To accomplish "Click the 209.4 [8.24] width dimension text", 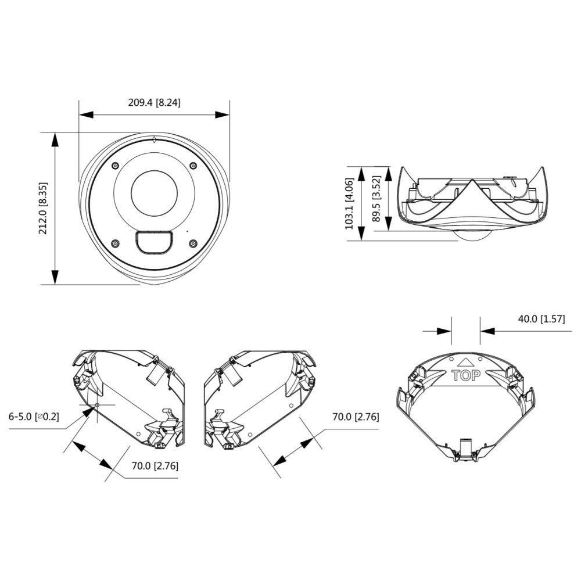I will click(155, 103).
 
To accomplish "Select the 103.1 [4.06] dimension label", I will click(350, 204).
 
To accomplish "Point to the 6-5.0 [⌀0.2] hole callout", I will click(34, 417).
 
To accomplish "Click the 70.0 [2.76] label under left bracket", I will click(155, 465).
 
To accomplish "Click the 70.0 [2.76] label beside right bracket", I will click(356, 417).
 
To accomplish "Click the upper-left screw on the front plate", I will click(115, 167).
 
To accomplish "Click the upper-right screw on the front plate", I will click(192, 167).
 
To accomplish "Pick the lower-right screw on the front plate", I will click(192, 244).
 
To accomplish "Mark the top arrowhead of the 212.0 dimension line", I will click(55, 138).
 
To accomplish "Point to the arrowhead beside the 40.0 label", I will click(487, 330).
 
